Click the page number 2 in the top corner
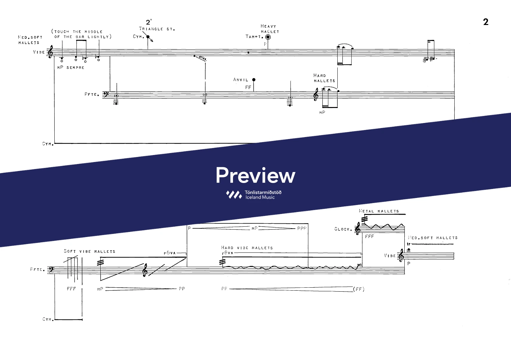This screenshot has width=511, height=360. [x=486, y=22]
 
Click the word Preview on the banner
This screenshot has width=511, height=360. [x=255, y=175]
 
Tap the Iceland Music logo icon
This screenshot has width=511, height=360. [x=234, y=195]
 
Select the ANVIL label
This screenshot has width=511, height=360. [x=241, y=80]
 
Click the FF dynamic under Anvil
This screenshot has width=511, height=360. [x=248, y=87]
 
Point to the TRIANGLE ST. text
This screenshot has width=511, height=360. [x=157, y=29]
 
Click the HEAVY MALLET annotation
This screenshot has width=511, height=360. [x=270, y=29]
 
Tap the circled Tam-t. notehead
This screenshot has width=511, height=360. [x=268, y=37]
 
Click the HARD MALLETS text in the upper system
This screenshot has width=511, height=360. [x=324, y=78]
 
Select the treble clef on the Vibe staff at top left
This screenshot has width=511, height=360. [x=51, y=52]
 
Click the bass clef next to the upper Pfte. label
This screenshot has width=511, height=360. [x=105, y=94]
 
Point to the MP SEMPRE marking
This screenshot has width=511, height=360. [x=71, y=68]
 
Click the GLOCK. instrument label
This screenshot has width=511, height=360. [x=343, y=229]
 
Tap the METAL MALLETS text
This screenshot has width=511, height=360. [x=379, y=211]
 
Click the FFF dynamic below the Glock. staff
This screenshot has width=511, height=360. [x=369, y=237]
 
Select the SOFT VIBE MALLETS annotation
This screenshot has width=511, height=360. [x=90, y=251]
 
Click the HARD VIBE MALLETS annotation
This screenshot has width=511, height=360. [x=247, y=248]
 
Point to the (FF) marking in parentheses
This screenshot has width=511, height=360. [x=359, y=289]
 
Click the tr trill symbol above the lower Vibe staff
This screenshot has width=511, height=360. [x=409, y=244]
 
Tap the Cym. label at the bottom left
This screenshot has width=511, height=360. [x=48, y=319]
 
